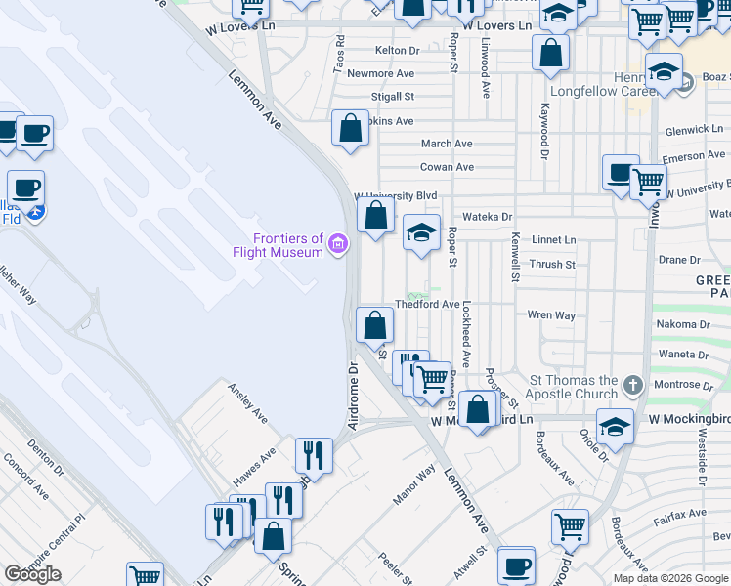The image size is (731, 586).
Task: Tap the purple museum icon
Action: [x=338, y=243]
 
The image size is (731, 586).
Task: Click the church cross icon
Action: [x=632, y=385]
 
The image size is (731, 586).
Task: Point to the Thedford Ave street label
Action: [x=427, y=305]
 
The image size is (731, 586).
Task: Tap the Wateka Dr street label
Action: [x=487, y=216]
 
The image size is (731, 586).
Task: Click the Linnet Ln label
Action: [x=553, y=239]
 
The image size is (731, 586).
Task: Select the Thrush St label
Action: [x=552, y=264]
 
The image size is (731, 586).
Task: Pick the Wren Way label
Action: [x=551, y=315]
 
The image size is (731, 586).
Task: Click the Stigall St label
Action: [x=393, y=97]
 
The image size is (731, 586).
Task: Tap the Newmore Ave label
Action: [x=380, y=73]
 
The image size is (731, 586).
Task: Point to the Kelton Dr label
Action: [x=397, y=50]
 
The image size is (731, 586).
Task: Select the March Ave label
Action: [x=447, y=144]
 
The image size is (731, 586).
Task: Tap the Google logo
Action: [x=32, y=574]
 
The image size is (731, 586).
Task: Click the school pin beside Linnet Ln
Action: [x=421, y=233]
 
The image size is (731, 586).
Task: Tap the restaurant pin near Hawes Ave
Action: [x=314, y=454]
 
